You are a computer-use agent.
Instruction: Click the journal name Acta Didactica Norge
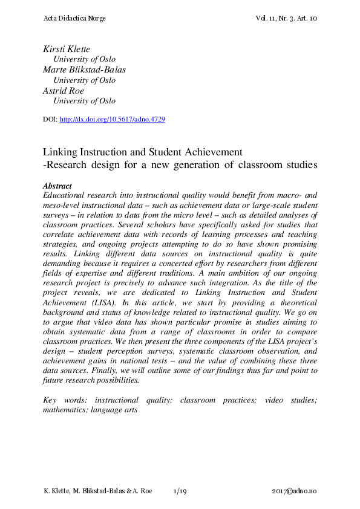click(x=74, y=19)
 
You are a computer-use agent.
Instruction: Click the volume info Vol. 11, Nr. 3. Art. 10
click(x=287, y=19)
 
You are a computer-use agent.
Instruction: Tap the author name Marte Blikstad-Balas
click(x=84, y=70)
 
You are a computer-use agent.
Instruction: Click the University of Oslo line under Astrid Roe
click(x=84, y=101)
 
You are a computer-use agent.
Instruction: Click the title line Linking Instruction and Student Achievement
click(x=143, y=152)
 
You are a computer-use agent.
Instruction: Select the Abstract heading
click(x=57, y=186)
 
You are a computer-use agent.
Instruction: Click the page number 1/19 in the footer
click(x=180, y=492)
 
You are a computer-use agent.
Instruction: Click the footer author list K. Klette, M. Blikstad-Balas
click(x=85, y=492)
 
